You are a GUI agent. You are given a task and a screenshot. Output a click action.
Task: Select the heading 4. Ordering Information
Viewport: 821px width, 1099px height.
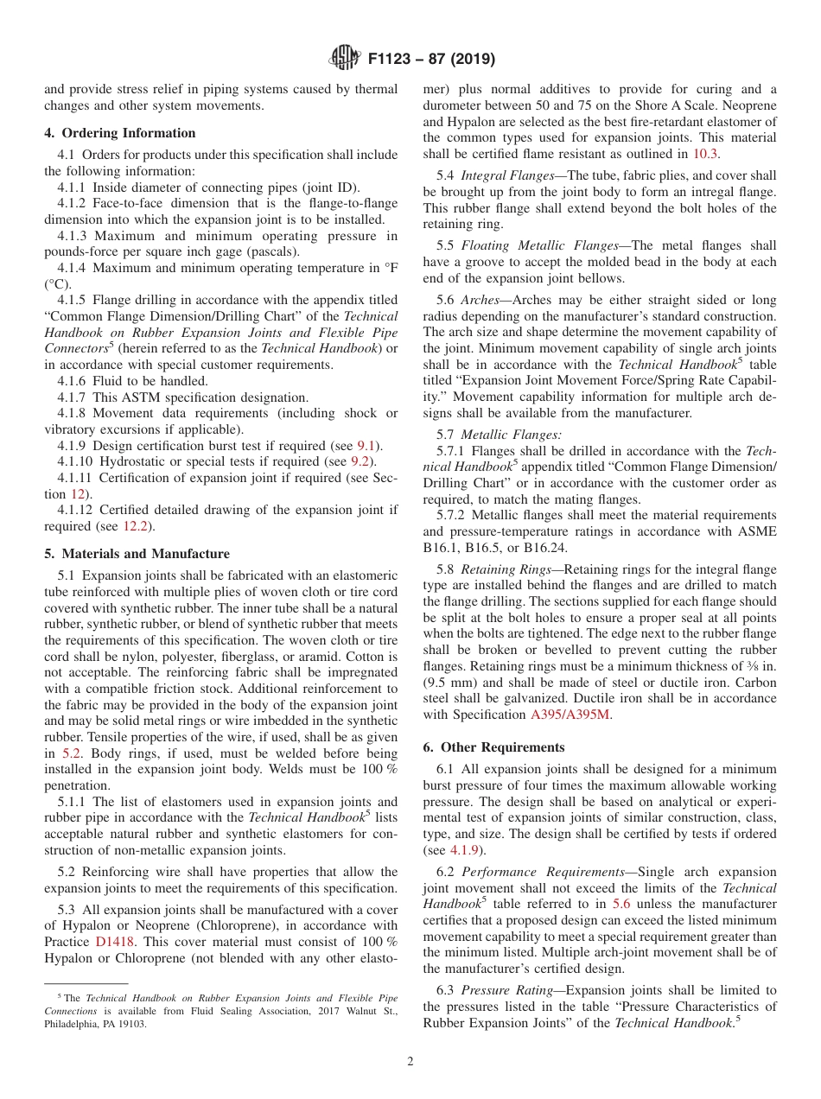tap(120, 133)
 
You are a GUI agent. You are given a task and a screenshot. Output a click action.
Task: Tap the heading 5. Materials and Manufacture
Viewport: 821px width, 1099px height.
tap(137, 554)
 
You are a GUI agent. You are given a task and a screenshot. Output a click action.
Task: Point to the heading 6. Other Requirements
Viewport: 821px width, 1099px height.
tap(493, 747)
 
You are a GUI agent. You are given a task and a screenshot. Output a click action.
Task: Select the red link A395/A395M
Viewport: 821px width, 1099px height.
tap(570, 715)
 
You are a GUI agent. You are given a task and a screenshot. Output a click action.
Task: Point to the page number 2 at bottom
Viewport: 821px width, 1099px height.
tap(410, 1062)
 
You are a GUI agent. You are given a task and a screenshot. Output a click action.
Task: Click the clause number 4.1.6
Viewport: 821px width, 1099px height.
tap(74, 381)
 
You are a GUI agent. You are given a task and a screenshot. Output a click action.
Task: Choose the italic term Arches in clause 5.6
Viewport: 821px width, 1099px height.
tap(480, 300)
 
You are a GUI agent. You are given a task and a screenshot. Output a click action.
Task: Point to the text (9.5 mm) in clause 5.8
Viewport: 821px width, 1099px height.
tap(452, 683)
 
